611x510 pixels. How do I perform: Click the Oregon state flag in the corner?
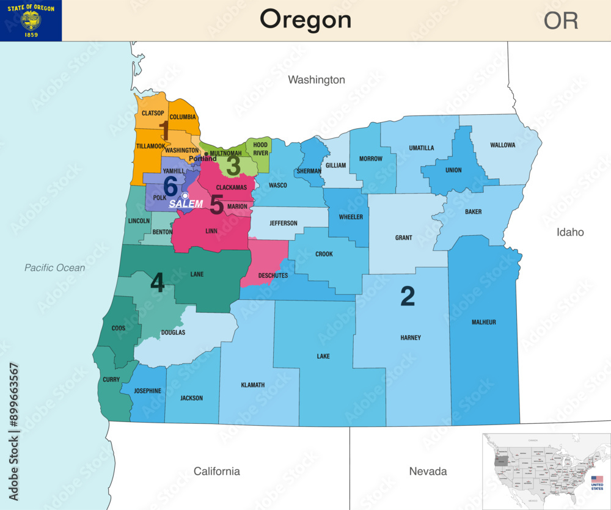(31, 21)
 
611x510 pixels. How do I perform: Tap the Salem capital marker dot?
(185, 195)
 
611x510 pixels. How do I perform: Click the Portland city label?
(202, 158)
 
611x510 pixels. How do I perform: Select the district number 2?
(408, 296)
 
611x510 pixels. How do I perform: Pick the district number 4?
(157, 283)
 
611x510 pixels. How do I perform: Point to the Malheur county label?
(484, 322)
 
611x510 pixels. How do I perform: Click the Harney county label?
(411, 338)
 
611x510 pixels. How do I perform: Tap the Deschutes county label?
(273, 275)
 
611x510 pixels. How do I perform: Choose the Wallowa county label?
(502, 145)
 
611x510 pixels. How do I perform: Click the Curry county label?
(111, 379)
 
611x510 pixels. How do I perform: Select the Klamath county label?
(253, 385)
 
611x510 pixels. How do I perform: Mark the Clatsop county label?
(153, 113)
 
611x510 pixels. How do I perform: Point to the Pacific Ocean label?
(55, 268)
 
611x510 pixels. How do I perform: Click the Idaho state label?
(570, 232)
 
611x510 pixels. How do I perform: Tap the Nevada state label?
(428, 471)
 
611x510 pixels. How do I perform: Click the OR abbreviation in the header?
(560, 21)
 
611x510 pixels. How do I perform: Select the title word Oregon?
(305, 20)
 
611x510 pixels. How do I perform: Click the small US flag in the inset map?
(597, 479)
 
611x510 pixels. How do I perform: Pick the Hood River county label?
(261, 149)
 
